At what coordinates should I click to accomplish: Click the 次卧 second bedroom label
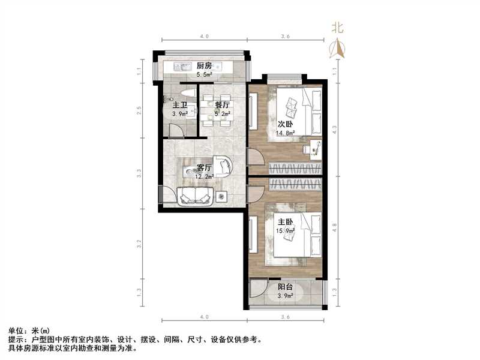tap(285, 124)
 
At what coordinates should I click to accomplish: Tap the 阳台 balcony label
tap(285, 287)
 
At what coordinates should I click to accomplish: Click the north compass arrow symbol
tap(338, 48)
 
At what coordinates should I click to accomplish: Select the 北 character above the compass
tap(338, 28)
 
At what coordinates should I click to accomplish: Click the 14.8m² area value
tap(286, 133)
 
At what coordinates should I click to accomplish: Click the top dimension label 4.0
tap(204, 37)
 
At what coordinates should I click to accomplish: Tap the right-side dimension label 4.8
tap(335, 227)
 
